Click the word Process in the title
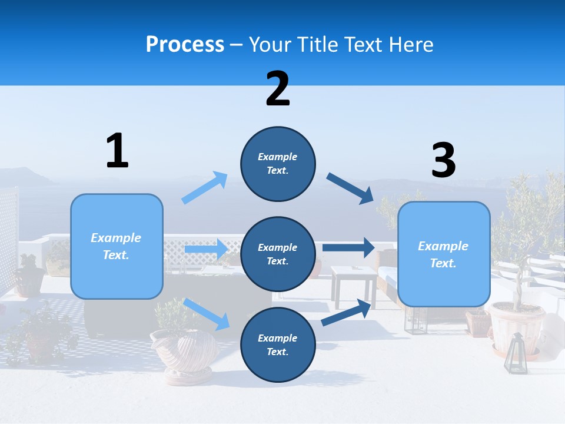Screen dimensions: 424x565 click(x=185, y=44)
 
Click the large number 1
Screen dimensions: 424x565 click(x=117, y=151)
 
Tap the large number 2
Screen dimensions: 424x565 click(x=278, y=89)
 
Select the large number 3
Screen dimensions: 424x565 click(x=443, y=160)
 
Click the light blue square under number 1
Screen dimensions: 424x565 click(x=117, y=246)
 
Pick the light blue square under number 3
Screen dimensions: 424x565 click(x=444, y=254)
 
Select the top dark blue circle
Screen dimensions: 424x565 click(x=278, y=164)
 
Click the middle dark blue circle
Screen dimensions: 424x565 click(x=278, y=254)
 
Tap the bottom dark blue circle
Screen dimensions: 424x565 click(x=278, y=344)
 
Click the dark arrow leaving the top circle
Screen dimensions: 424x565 click(x=350, y=188)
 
